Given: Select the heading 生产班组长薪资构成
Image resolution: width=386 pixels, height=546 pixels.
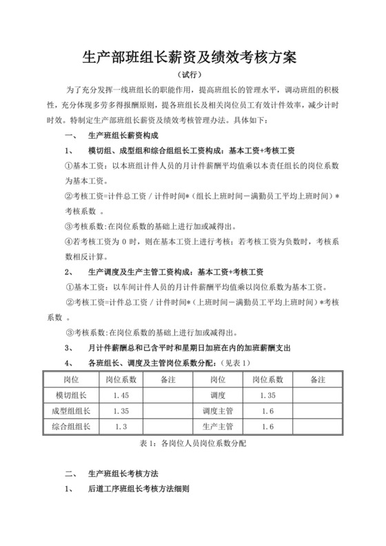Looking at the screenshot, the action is [117, 136].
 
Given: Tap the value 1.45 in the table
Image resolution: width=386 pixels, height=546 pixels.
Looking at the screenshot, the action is [121, 395].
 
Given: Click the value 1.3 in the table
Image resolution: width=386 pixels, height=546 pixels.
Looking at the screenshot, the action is [121, 427].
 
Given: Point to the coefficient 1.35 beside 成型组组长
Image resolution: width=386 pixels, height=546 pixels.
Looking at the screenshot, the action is [121, 411].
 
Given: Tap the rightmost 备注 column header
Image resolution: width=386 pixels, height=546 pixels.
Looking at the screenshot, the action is [318, 379].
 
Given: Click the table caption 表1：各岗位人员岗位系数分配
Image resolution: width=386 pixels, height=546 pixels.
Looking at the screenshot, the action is [192, 444].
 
